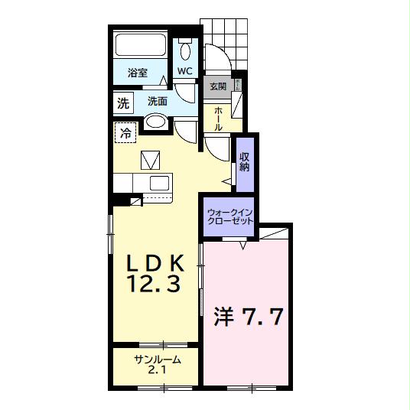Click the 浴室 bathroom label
pyautogui.click(x=138, y=73)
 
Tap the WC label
pyautogui.click(x=185, y=71)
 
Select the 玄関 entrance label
pyautogui.click(x=218, y=86)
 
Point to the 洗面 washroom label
pyautogui.click(x=158, y=101)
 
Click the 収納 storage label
pyautogui.click(x=245, y=161)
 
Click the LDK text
pyautogui.click(x=155, y=262)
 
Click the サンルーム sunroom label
pyautogui.click(x=158, y=360)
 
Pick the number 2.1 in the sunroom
pyautogui.click(x=158, y=372)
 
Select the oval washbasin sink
pyautogui.click(x=156, y=122)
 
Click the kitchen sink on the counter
pyautogui.click(x=160, y=184)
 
